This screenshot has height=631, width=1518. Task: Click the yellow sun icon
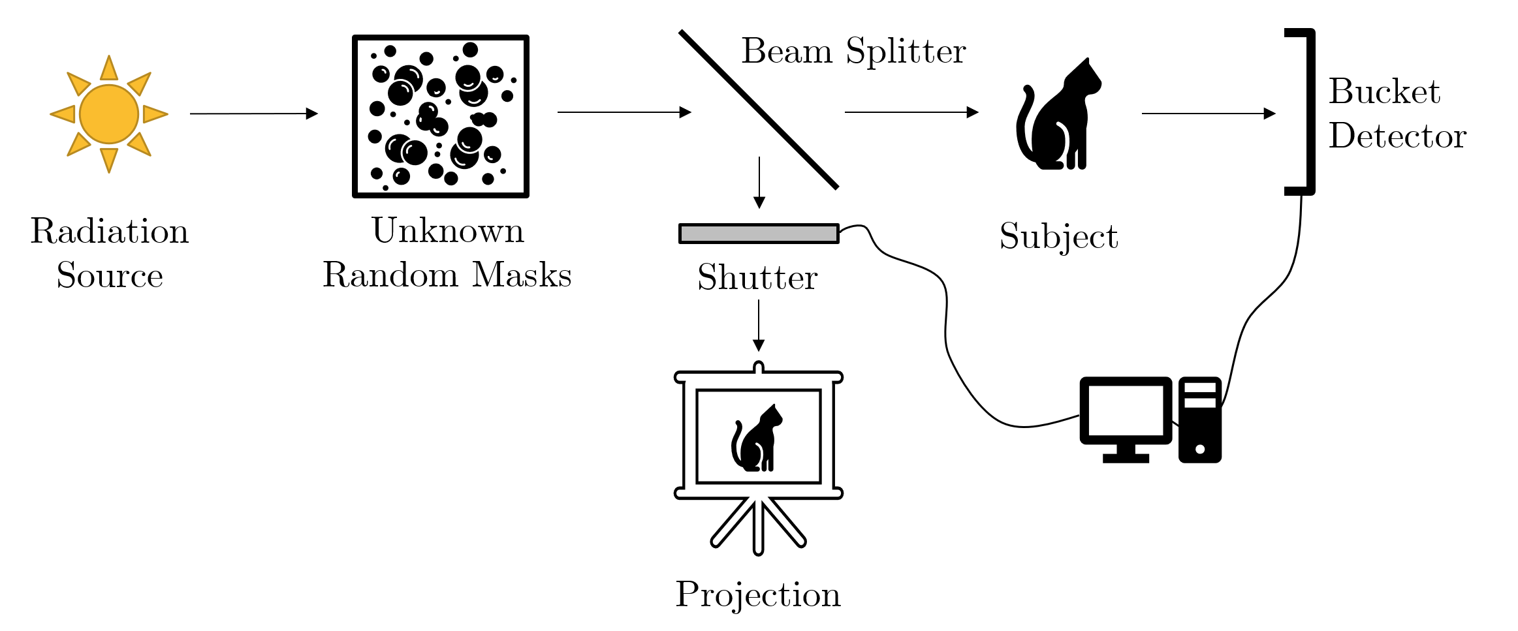click(109, 114)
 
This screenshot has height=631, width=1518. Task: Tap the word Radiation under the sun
click(109, 232)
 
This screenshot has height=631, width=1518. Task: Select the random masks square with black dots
click(441, 116)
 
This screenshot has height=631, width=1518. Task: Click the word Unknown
click(448, 230)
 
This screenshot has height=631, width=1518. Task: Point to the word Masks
click(522, 275)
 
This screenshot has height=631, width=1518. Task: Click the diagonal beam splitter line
click(759, 110)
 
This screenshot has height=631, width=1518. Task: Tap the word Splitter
click(906, 52)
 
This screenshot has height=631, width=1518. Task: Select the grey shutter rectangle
click(759, 234)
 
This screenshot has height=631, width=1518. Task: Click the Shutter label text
click(757, 277)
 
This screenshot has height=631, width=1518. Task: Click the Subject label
click(1058, 236)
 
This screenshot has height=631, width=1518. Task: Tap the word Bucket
click(1384, 91)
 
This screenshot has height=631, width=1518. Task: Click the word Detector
click(1397, 136)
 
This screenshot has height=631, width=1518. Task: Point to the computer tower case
click(1199, 420)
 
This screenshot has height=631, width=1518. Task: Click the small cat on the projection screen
click(757, 439)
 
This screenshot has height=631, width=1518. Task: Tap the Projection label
click(757, 594)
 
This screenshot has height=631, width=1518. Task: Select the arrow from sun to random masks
click(253, 114)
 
